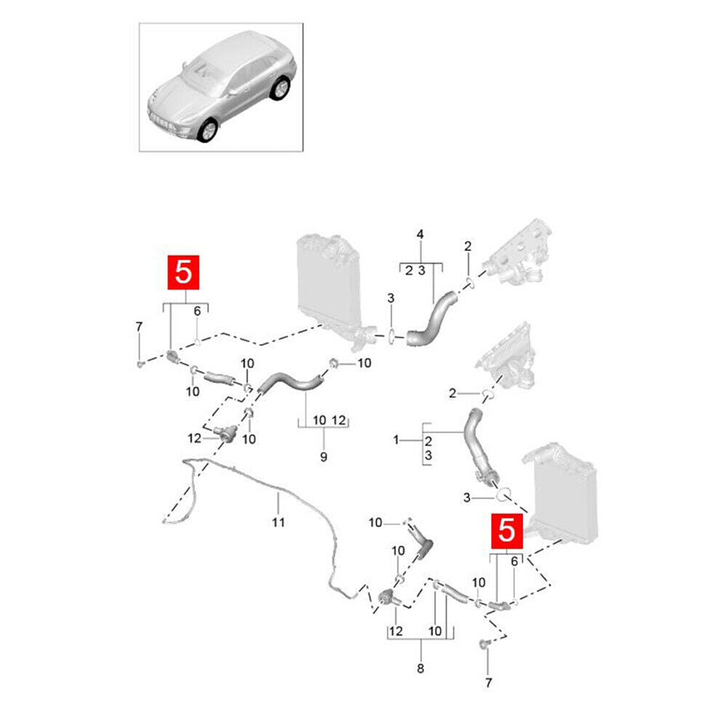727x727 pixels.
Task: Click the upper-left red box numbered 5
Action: tap(183, 272)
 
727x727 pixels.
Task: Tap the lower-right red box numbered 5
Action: tap(507, 531)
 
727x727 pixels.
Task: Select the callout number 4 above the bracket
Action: tap(420, 234)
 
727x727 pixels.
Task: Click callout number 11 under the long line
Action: tap(278, 523)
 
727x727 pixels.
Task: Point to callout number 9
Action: tap(324, 457)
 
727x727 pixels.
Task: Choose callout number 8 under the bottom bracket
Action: tap(420, 668)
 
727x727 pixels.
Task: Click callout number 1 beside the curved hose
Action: tap(396, 440)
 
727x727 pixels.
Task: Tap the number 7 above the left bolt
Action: tap(139, 327)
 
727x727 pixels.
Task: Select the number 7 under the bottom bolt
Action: tap(489, 683)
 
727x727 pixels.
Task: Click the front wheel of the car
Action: tap(207, 130)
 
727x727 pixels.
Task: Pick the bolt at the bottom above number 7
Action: tap(484, 643)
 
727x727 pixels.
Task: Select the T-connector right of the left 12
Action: tap(226, 433)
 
